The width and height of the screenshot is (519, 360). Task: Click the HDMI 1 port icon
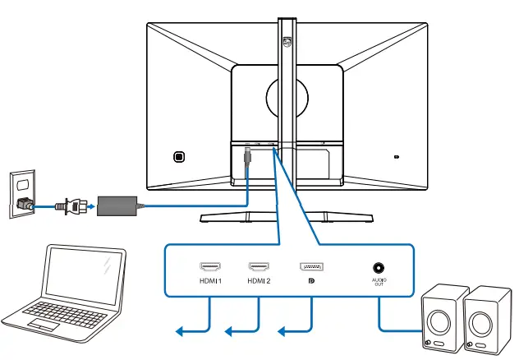[209, 267]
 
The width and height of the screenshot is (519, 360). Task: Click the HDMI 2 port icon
[259, 267]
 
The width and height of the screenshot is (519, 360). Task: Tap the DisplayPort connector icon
[311, 267]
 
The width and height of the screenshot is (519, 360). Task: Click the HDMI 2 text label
[259, 281]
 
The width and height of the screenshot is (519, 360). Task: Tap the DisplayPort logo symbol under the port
[311, 281]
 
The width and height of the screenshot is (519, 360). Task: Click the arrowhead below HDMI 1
[180, 331]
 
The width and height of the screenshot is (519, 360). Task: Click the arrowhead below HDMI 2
[231, 331]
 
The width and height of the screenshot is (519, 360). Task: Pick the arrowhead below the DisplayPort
[282, 331]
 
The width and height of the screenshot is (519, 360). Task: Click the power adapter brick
[117, 205]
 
